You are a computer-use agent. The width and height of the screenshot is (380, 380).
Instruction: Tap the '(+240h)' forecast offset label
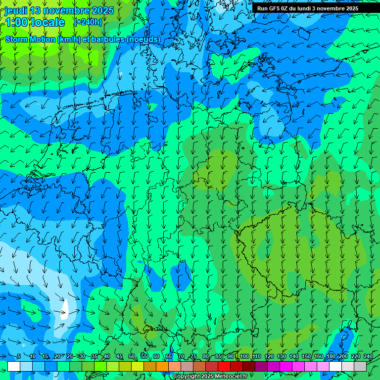(88, 22)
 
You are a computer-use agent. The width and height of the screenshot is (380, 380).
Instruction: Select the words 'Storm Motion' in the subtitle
(30, 39)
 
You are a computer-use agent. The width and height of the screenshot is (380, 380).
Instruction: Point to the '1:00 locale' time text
(35, 22)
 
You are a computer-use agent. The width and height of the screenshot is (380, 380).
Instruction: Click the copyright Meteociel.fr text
(210, 377)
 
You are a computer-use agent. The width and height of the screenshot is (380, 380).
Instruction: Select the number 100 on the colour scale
(244, 357)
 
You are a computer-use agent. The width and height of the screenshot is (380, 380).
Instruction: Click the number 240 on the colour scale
(368, 357)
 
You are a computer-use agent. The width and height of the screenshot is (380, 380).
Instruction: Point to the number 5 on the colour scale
(19, 357)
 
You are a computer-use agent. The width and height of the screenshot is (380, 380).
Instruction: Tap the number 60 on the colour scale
(156, 357)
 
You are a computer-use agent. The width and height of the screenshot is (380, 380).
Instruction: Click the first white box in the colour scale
(14, 366)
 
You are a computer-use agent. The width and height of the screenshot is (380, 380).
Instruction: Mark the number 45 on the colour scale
(119, 357)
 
